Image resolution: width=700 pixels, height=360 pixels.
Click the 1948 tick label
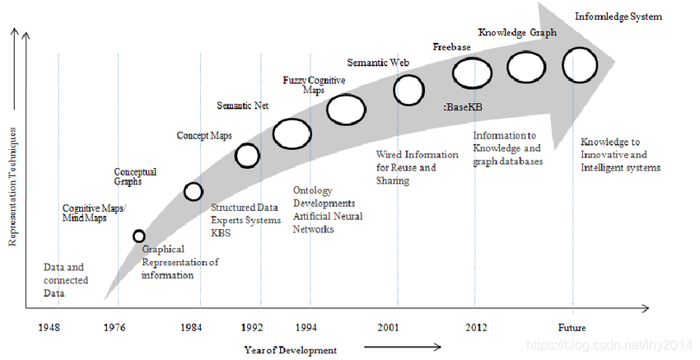(49, 328)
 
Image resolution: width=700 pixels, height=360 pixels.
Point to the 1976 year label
(115, 328)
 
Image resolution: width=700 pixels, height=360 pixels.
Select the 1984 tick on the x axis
(191, 328)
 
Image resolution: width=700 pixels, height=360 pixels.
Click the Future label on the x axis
(572, 328)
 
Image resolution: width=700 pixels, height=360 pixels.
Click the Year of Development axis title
(290, 350)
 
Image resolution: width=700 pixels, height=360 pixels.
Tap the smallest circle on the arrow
(139, 236)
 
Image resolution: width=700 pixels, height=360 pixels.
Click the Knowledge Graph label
(517, 33)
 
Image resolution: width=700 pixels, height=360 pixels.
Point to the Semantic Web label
(379, 62)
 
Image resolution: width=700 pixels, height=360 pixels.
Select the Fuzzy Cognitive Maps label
(314, 84)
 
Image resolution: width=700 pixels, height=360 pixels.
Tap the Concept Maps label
(203, 135)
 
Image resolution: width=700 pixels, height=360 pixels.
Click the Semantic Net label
(243, 105)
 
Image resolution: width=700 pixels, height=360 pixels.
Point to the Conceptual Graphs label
(135, 176)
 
